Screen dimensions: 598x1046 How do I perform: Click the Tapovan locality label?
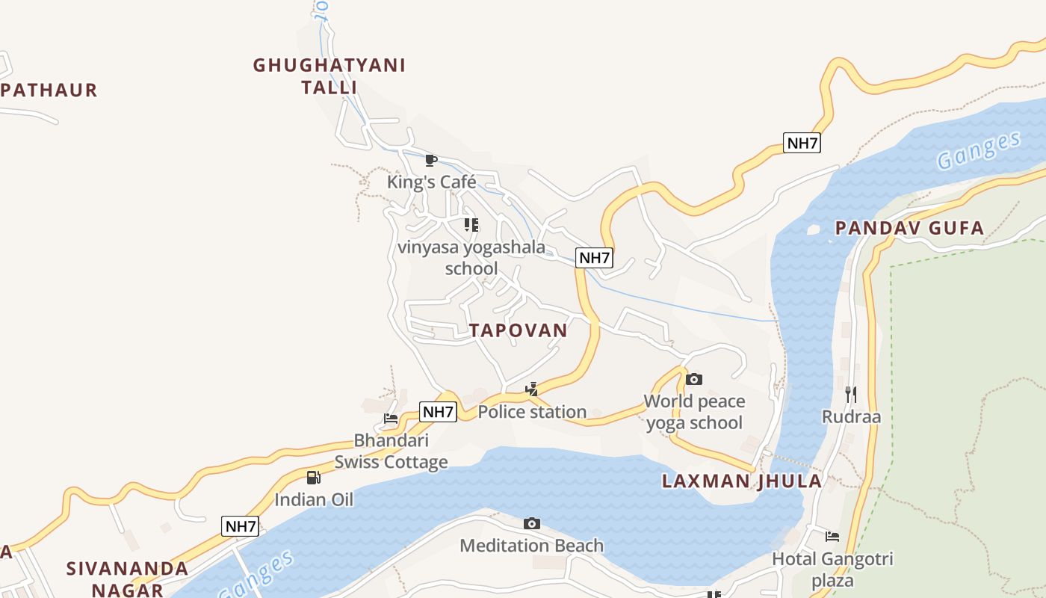pos(518,330)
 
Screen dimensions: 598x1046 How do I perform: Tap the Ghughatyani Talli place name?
pos(329,76)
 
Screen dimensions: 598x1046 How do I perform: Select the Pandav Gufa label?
pos(909,229)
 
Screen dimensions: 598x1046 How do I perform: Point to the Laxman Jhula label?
pos(742,481)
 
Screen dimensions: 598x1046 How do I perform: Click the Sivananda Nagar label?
pos(127,579)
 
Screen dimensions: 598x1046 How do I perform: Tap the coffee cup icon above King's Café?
pos(430,160)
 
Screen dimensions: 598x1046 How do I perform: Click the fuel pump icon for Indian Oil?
pos(314,477)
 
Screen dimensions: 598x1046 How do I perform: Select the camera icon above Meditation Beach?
pos(531,523)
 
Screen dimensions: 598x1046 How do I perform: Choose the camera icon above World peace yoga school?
pos(694,379)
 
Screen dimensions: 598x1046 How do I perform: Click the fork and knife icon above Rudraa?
pos(851,394)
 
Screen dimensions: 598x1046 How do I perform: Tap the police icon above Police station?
pos(531,389)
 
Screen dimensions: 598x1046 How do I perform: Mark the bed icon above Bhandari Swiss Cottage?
pos(391,419)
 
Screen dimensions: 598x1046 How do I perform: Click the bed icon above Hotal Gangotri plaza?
pos(832,536)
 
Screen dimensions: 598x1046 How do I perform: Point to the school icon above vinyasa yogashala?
pos(471,224)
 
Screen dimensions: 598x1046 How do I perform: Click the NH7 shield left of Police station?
pos(438,412)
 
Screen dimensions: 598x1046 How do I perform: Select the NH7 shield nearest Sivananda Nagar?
pos(241,526)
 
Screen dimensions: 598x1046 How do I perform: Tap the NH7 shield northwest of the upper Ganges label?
pos(802,144)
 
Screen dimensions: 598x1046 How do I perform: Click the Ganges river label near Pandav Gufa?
pos(979,150)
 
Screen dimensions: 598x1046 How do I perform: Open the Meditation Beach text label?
pos(531,546)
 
